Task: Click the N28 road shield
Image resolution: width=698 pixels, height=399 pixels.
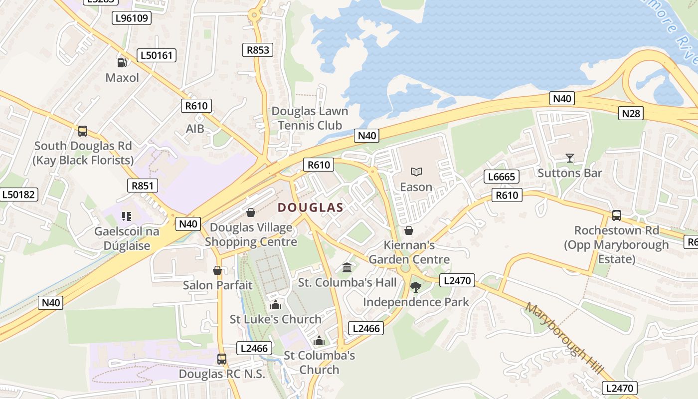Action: coord(631,113)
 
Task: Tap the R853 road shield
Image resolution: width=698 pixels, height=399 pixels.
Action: coord(258,49)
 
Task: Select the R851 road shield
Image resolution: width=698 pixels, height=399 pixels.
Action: coord(143,186)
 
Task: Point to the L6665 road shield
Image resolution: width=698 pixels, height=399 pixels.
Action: coord(502,177)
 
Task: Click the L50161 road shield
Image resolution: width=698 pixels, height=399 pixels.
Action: coord(158,55)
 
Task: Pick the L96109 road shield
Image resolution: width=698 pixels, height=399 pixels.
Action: coord(132,18)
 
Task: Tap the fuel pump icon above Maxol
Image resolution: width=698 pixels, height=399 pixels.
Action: coord(122,63)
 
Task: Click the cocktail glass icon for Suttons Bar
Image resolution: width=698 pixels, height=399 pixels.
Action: coord(569,158)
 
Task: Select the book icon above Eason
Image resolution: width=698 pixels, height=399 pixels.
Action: coord(416,172)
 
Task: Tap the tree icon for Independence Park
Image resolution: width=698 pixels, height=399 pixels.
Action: coord(415,287)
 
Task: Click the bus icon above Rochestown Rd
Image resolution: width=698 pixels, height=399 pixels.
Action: coord(616,215)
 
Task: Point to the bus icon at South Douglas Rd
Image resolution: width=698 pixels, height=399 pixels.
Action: coord(83,131)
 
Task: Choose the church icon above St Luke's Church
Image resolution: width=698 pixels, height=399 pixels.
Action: coord(275,305)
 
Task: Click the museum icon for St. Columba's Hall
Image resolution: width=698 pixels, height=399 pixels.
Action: coord(347,268)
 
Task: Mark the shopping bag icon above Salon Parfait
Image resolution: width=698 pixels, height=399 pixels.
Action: coord(217,270)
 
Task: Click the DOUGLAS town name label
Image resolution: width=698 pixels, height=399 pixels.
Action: coord(310,207)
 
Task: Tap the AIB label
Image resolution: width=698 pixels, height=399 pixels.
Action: coord(195,129)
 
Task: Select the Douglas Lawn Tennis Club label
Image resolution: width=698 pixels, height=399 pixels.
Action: coord(310,118)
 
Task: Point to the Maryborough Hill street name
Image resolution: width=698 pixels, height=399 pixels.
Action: coord(564,339)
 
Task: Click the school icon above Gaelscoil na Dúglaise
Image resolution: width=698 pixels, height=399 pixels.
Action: coord(126,216)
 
